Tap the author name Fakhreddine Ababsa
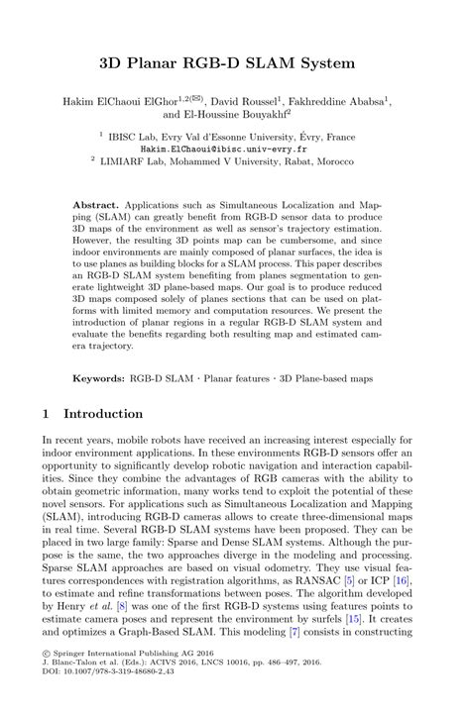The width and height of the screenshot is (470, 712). click(345, 101)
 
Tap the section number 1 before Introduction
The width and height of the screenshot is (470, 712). click(45, 413)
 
